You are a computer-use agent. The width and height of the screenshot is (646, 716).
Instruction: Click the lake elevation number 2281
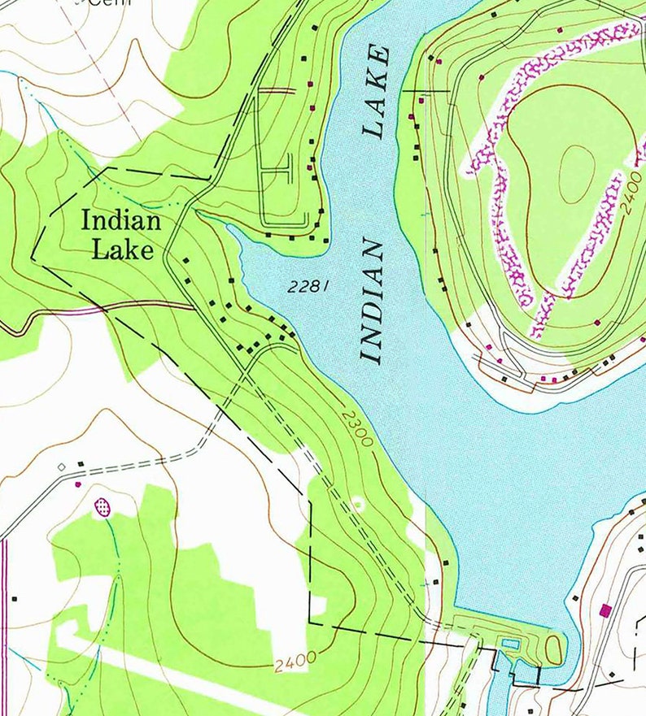308,286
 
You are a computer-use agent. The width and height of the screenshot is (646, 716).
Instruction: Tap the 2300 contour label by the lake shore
357,429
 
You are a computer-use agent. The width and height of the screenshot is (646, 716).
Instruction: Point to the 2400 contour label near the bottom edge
295,662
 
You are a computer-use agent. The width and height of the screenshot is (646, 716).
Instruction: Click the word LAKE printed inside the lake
378,91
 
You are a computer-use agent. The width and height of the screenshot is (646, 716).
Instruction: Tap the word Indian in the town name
121,221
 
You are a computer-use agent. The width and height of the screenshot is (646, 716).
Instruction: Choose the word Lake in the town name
122,250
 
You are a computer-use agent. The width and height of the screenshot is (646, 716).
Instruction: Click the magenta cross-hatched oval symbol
103,507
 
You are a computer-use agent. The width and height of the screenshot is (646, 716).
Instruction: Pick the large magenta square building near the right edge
605,609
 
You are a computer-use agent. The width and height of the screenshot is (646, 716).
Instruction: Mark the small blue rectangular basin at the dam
510,644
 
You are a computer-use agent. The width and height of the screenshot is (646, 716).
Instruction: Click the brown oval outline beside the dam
553,649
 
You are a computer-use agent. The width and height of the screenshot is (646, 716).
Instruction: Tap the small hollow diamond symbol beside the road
61,466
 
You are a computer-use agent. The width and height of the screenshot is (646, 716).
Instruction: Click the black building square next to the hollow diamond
81,465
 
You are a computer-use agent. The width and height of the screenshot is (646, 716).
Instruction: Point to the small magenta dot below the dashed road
79,484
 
